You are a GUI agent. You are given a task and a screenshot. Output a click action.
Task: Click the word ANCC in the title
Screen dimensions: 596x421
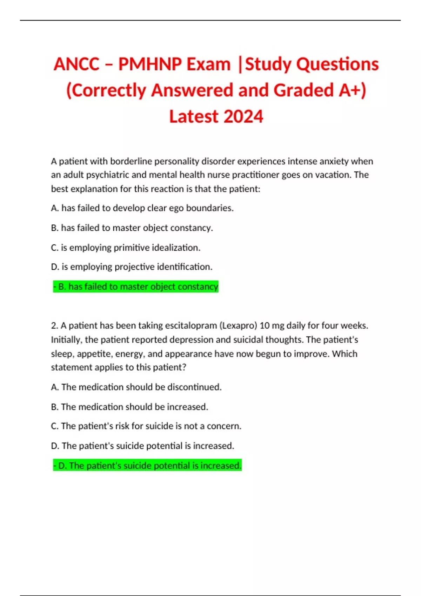click(x=76, y=64)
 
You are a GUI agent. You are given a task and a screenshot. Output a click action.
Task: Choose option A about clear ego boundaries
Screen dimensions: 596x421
click(x=142, y=208)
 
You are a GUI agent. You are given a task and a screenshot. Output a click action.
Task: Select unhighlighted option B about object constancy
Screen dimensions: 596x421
click(x=132, y=228)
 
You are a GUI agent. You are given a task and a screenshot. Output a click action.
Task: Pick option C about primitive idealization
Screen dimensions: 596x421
click(x=126, y=248)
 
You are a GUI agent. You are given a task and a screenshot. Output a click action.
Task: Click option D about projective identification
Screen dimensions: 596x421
click(x=132, y=267)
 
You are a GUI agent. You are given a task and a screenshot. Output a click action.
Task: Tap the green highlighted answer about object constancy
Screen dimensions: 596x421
click(x=136, y=287)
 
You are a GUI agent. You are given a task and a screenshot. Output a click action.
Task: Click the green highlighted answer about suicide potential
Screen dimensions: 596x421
click(x=147, y=466)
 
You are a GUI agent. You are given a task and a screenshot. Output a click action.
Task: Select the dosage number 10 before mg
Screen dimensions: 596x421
click(x=265, y=326)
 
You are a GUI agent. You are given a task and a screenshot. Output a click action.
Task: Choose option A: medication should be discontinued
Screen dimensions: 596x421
click(x=136, y=387)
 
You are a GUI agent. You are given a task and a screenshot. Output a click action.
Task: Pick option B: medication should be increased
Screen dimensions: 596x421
click(x=129, y=407)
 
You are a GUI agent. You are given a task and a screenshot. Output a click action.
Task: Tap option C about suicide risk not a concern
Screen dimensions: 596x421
click(x=146, y=426)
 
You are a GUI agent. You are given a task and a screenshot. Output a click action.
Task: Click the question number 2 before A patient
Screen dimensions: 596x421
click(x=54, y=326)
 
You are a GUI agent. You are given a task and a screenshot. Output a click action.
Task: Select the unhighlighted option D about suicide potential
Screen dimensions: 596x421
click(x=142, y=446)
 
